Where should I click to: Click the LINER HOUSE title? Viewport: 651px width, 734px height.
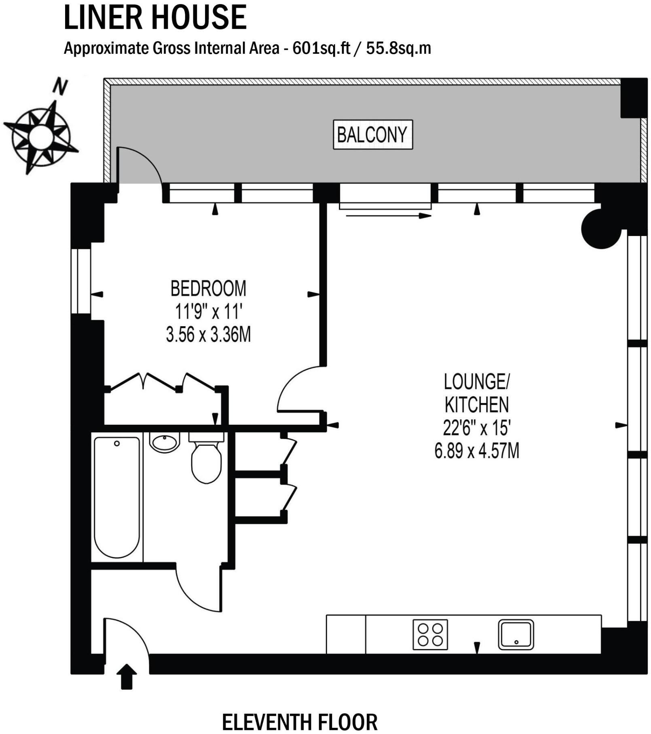pyautogui.click(x=155, y=17)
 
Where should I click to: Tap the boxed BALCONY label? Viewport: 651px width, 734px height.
pyautogui.click(x=372, y=135)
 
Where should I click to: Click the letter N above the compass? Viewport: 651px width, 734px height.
pyautogui.click(x=60, y=86)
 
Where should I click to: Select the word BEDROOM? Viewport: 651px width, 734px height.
pyautogui.click(x=208, y=289)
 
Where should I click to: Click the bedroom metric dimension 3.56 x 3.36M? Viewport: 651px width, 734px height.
pyautogui.click(x=208, y=335)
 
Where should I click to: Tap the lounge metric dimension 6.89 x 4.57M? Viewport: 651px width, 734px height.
pyautogui.click(x=477, y=451)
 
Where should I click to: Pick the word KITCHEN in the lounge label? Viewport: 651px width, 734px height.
pyautogui.click(x=477, y=404)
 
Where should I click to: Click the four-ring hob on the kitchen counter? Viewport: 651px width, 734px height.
pyautogui.click(x=430, y=635)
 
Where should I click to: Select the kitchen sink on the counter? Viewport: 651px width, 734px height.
pyautogui.click(x=516, y=635)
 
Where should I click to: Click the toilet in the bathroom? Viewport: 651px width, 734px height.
pyautogui.click(x=206, y=458)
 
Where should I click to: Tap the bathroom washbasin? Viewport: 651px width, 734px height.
pyautogui.click(x=165, y=442)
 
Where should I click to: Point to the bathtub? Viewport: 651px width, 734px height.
pyautogui.click(x=117, y=498)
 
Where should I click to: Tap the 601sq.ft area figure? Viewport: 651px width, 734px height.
pyautogui.click(x=321, y=49)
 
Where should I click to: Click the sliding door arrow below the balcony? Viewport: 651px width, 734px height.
pyautogui.click(x=389, y=216)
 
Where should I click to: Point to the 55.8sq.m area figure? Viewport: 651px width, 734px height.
pyautogui.click(x=398, y=49)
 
